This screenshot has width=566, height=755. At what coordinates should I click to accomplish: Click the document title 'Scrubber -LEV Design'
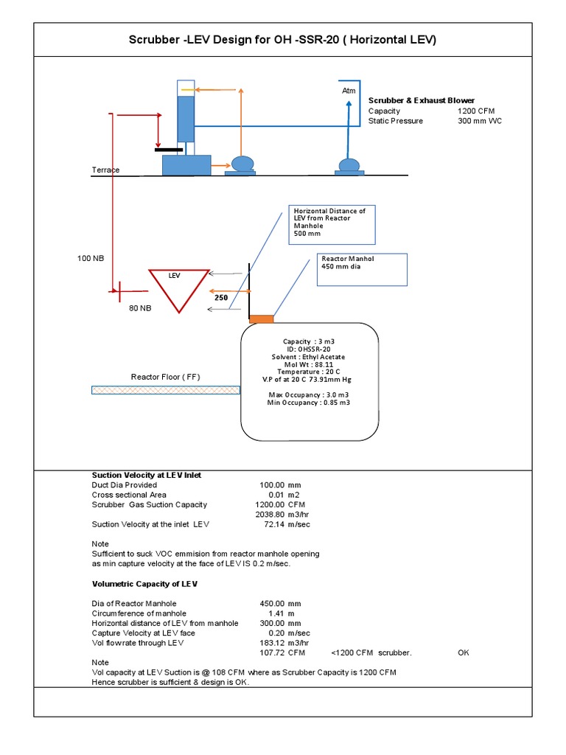click(283, 40)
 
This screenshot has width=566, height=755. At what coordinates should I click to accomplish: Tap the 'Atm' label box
click(349, 90)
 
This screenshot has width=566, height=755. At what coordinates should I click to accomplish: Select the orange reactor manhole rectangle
click(261, 319)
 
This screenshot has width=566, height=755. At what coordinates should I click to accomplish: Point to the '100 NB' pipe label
click(91, 259)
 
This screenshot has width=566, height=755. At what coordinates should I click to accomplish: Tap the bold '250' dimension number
click(222, 298)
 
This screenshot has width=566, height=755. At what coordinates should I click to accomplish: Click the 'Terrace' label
click(105, 170)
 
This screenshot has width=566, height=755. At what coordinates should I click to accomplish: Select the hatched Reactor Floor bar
click(165, 390)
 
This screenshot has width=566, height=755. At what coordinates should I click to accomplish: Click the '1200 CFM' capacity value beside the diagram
click(476, 111)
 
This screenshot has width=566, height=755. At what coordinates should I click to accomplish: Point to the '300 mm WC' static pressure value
click(479, 121)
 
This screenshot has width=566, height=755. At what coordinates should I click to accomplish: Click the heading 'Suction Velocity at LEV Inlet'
click(146, 476)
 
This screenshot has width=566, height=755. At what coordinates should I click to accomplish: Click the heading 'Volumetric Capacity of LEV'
click(144, 584)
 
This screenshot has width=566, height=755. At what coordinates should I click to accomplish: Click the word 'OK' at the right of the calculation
click(464, 653)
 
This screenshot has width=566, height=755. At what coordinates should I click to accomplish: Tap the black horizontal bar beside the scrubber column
click(169, 149)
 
